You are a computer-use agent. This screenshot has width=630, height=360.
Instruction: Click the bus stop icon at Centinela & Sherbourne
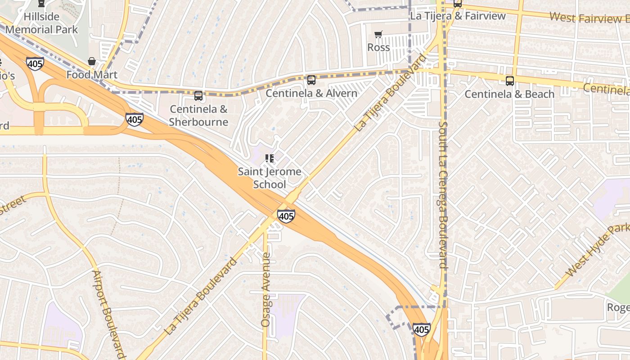198,95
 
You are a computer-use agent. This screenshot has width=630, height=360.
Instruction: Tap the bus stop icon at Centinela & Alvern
311,80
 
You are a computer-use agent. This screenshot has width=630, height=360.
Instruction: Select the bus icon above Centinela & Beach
509,81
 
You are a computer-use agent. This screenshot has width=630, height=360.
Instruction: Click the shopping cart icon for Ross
378,35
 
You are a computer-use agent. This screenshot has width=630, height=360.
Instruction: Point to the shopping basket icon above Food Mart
92,61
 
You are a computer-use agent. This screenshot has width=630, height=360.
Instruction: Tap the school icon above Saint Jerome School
270,158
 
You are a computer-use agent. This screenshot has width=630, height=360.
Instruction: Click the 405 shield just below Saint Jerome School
286,216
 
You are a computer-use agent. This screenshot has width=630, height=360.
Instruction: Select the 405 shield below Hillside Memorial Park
35,63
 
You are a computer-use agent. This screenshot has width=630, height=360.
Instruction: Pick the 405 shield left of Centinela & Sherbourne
135,119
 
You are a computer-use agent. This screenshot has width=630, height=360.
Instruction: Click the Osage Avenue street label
266,289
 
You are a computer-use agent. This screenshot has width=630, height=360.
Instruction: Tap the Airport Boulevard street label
108,314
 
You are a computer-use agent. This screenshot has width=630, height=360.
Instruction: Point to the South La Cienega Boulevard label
443,194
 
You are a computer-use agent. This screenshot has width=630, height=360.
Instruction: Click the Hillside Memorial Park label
41,23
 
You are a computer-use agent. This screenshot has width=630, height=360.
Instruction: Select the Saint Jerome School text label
270,178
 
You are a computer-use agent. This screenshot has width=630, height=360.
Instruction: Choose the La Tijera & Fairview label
458,16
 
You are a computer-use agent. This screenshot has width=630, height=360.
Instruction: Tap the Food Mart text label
92,75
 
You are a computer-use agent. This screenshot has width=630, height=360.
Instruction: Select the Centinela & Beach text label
509,94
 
